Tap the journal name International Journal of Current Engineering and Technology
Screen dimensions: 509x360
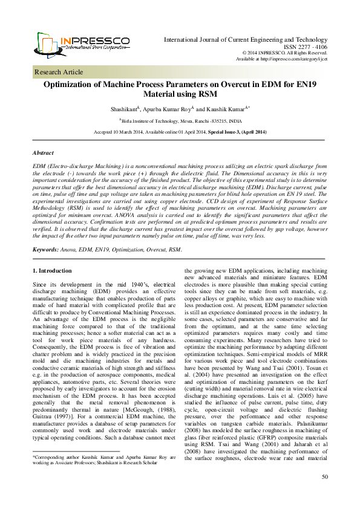pyautogui.click(x=246, y=39)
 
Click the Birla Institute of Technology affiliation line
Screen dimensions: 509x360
pyautogui.click(x=180, y=121)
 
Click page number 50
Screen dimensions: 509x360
pyautogui.click(x=324, y=493)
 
